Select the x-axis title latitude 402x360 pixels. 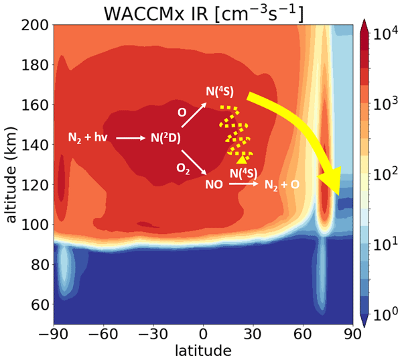click(x=204, y=350)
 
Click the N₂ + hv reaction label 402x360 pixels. click(x=86, y=137)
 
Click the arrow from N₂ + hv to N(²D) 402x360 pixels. click(x=130, y=138)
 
